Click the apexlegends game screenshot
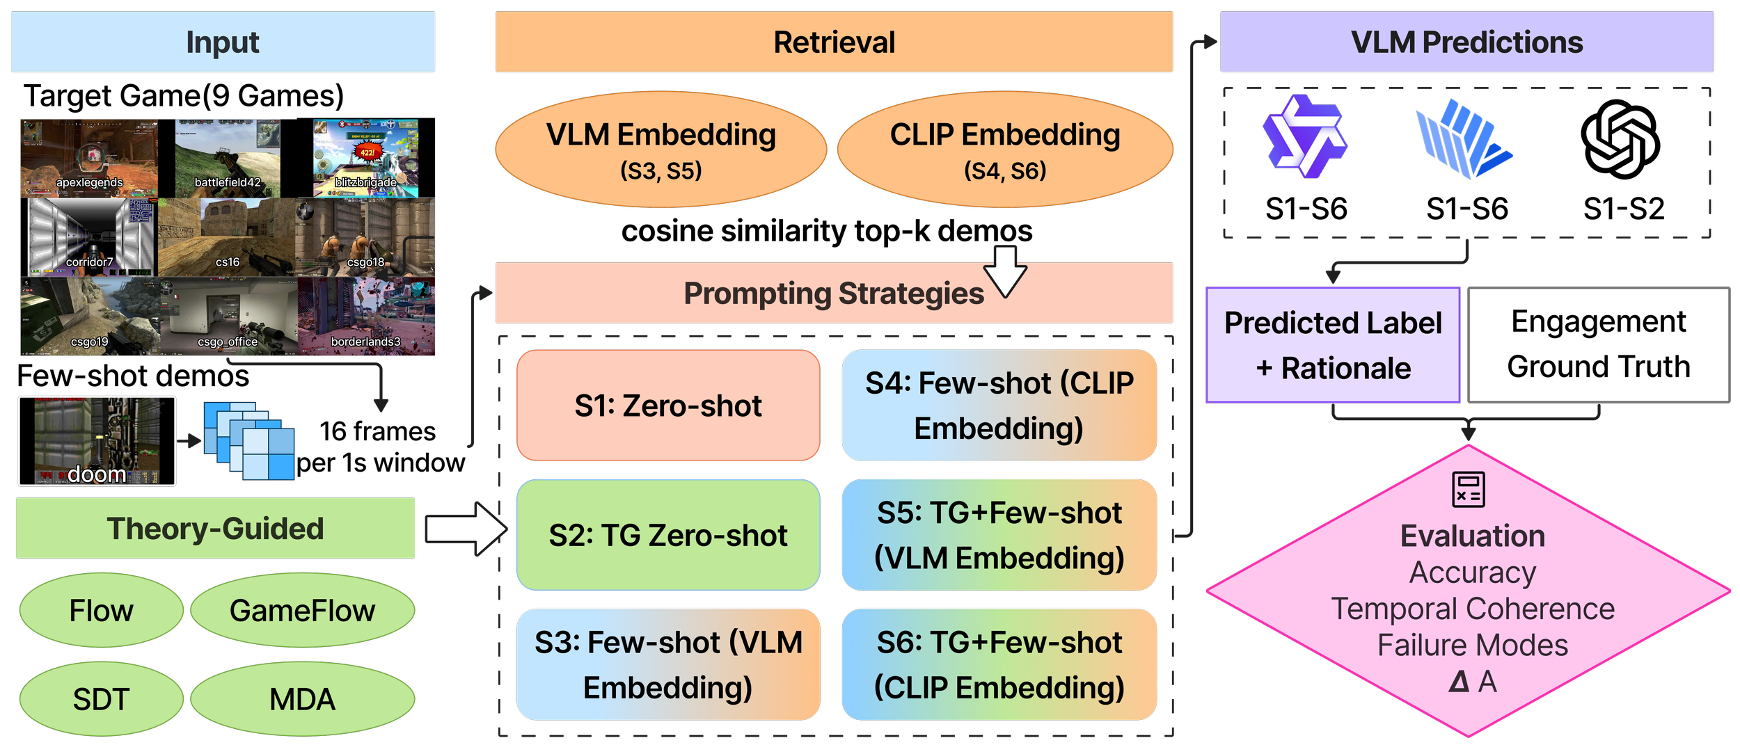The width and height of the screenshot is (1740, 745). pyautogui.click(x=89, y=158)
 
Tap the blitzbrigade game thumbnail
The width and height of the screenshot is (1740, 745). pyautogui.click(x=365, y=158)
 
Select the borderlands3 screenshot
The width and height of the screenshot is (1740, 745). pyautogui.click(x=366, y=317)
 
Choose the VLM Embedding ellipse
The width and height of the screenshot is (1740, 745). pyautogui.click(x=661, y=150)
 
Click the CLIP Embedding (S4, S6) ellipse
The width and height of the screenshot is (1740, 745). pyautogui.click(x=1005, y=150)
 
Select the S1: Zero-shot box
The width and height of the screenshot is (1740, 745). pyautogui.click(x=668, y=406)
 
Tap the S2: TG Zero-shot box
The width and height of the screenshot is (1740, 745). pyautogui.click(x=668, y=535)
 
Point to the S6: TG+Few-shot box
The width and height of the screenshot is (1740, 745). pyautogui.click(x=999, y=664)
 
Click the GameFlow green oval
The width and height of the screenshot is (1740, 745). pyautogui.click(x=302, y=611)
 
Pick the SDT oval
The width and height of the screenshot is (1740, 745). pyautogui.click(x=102, y=699)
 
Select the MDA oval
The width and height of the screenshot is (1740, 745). pyautogui.click(x=302, y=699)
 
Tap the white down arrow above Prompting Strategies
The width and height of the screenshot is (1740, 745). pyautogui.click(x=1005, y=271)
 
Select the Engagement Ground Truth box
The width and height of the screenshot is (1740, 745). pyautogui.click(x=1599, y=345)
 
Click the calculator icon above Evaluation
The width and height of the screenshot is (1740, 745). pyautogui.click(x=1469, y=489)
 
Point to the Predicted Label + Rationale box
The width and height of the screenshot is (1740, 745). pyautogui.click(x=1333, y=345)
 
